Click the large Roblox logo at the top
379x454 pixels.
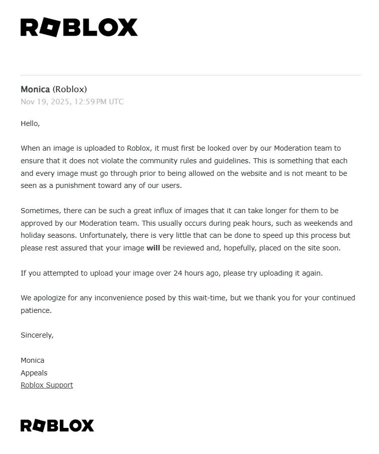coord(79,27)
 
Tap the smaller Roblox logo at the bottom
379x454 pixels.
coord(57,426)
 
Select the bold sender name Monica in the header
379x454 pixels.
coord(35,89)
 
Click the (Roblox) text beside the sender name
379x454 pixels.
coord(69,89)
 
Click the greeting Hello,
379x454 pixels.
coord(30,123)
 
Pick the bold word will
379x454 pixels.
coord(153,248)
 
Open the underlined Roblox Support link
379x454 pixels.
coord(47,385)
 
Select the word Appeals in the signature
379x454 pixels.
coord(34,373)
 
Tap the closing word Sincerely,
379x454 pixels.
coord(37,335)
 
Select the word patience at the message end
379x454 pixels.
coord(36,310)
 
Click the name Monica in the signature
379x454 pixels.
coord(32,360)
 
